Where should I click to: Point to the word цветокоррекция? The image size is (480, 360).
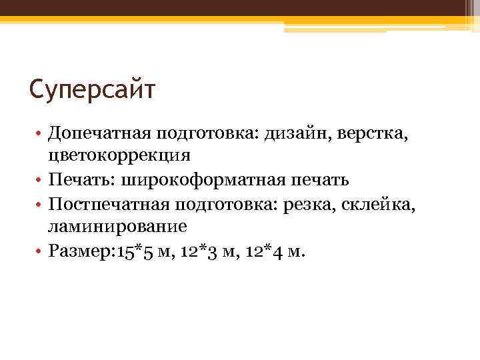pyautogui.click(x=119, y=156)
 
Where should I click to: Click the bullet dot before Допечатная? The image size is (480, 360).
pyautogui.click(x=41, y=135)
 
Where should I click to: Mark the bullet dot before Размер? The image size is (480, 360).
pyautogui.click(x=41, y=251)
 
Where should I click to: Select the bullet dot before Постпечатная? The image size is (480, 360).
pyautogui.click(x=41, y=204)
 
